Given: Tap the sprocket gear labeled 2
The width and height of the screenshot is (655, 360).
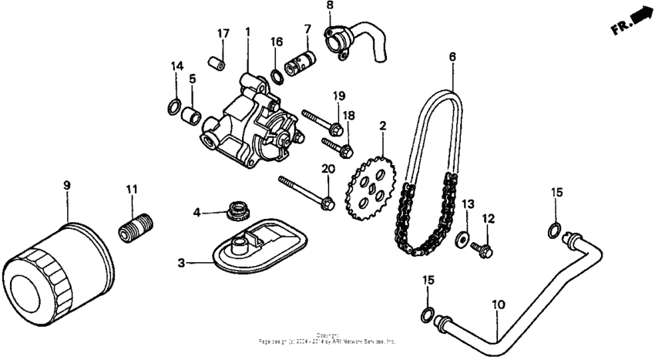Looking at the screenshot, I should [371, 185].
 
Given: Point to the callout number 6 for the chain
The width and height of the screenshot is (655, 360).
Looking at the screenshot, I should [452, 58].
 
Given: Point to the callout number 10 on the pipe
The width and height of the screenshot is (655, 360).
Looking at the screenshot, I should [498, 305].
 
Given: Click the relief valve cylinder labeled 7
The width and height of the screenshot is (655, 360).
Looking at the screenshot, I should [301, 60].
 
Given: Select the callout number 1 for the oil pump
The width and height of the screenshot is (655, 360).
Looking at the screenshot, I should [248, 32].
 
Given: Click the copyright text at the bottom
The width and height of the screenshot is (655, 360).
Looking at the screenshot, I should [328, 338].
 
